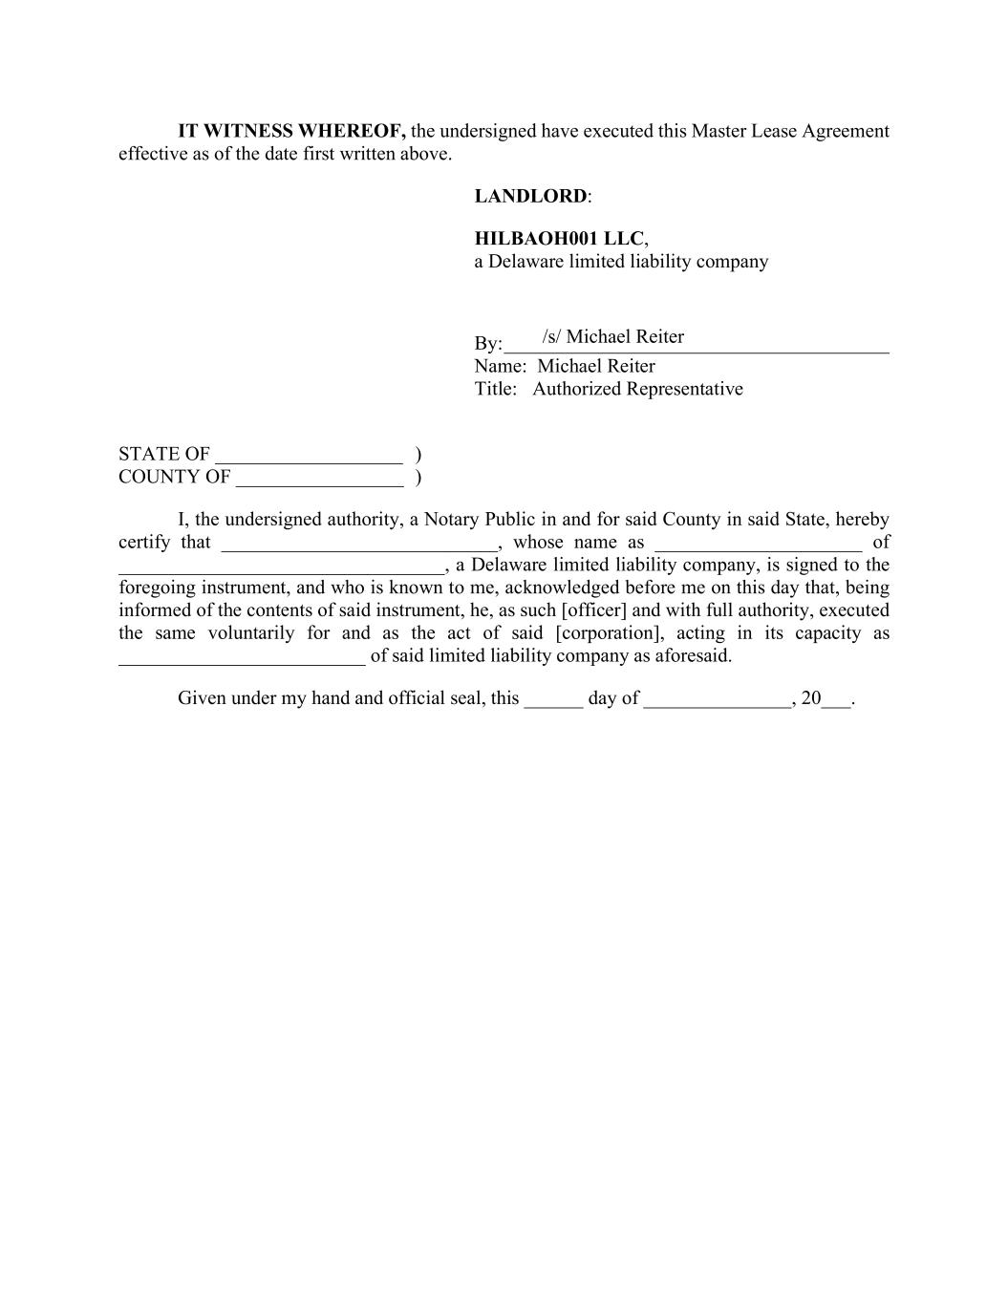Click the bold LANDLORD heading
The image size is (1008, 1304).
(531, 197)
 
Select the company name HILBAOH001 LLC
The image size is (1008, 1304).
(559, 239)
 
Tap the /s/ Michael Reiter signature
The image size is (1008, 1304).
(612, 337)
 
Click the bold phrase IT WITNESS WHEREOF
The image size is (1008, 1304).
(291, 131)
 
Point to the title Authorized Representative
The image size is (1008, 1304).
(637, 389)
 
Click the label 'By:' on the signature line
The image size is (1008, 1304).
(487, 344)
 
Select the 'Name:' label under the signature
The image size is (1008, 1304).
(500, 366)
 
